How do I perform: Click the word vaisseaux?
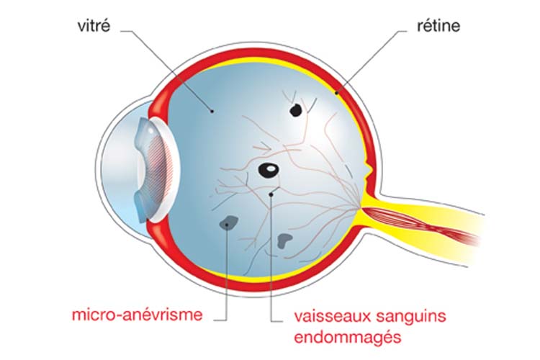click(329, 315)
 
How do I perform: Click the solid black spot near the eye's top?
click(295, 110)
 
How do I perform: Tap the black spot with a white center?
click(268, 171)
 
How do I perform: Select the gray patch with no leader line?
click(285, 240)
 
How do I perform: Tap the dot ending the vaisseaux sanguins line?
click(271, 194)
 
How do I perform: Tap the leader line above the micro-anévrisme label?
click(228, 281)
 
